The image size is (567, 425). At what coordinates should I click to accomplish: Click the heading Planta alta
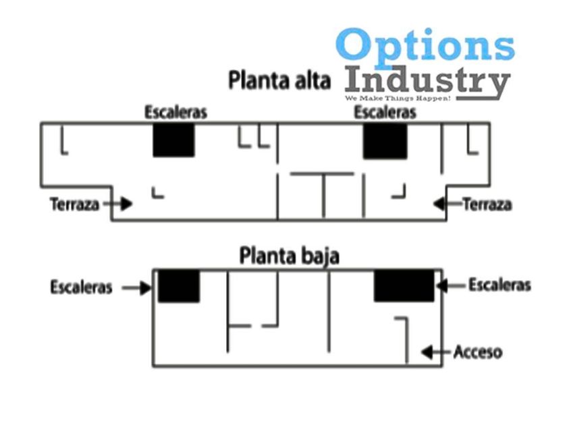coord(279,81)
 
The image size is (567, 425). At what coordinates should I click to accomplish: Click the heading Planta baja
coord(290,257)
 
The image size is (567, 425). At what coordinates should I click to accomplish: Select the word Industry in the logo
coord(426,82)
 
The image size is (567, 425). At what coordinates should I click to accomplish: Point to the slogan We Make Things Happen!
coord(398,98)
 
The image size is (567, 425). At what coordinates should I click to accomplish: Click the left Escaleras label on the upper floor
coord(175,113)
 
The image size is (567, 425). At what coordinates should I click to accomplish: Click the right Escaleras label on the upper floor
coord(385,113)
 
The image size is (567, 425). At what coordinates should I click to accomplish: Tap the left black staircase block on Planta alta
coord(173,140)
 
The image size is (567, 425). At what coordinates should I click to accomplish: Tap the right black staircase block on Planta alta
coord(385,142)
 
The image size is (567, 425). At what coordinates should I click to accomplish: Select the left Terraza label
coord(74,203)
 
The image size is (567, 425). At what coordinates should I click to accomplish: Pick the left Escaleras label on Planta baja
coord(81,287)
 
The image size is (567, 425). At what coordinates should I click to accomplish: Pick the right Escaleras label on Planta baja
coord(500,285)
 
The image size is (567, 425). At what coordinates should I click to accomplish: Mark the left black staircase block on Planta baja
coord(179,285)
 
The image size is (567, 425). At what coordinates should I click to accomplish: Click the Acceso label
coord(477,351)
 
